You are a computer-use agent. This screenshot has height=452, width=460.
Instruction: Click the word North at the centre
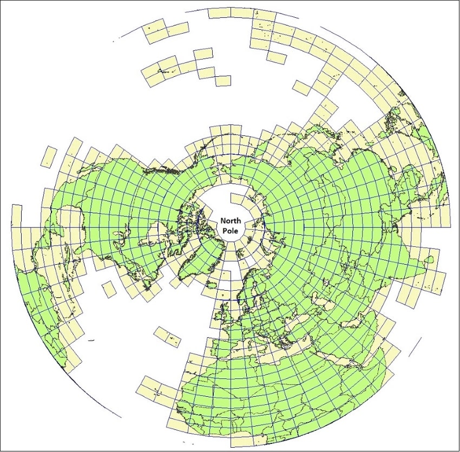pos(231,221)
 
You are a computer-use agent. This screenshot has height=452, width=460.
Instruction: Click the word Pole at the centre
pos(231,231)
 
